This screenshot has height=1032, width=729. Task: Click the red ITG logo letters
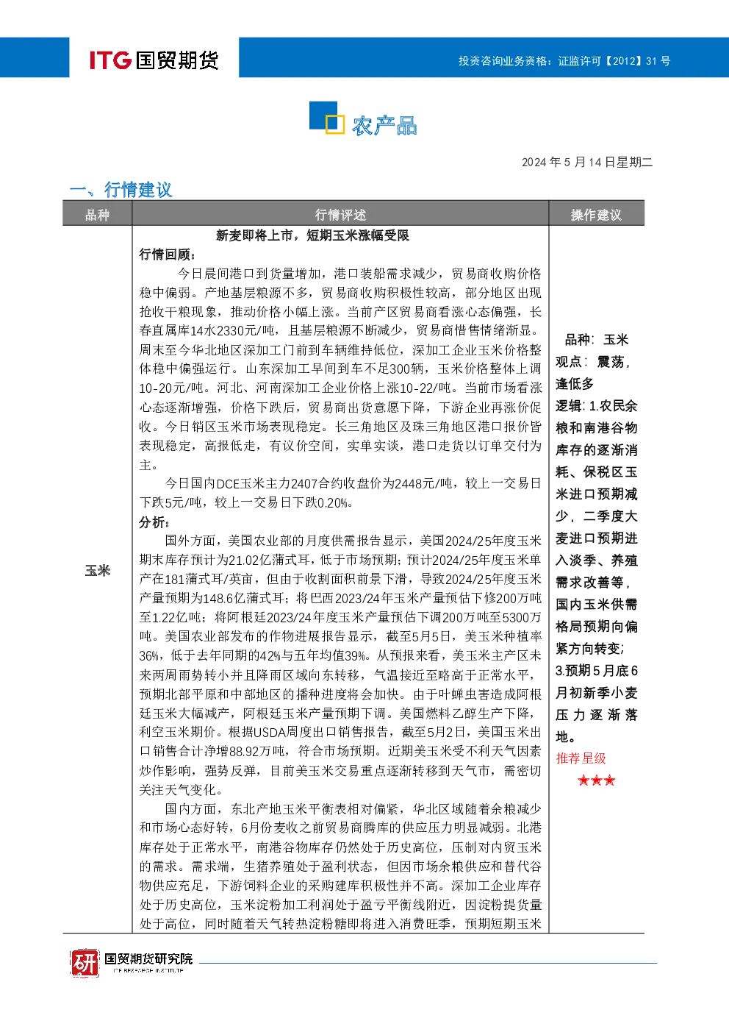[110, 60]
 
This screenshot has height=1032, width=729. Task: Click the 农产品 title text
[385, 125]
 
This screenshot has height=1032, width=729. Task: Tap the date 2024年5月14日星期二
[586, 162]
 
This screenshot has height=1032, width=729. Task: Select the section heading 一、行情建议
[121, 189]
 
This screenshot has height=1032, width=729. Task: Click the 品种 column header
[97, 215]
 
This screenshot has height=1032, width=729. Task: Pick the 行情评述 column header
[340, 215]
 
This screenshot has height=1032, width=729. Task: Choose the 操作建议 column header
[596, 215]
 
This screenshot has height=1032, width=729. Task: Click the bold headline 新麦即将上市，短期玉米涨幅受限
[312, 236]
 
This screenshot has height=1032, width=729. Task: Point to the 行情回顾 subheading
[167, 255]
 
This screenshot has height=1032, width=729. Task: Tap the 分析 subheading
[154, 522]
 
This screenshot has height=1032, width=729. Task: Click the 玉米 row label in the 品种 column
[98, 571]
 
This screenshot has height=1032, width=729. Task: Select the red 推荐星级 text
[581, 758]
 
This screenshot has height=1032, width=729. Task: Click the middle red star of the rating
[597, 780]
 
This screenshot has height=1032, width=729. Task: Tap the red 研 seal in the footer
[85, 962]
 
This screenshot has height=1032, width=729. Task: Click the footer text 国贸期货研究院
[148, 958]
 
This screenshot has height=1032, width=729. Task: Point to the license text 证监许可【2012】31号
[614, 61]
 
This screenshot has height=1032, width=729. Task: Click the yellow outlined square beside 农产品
[335, 124]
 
